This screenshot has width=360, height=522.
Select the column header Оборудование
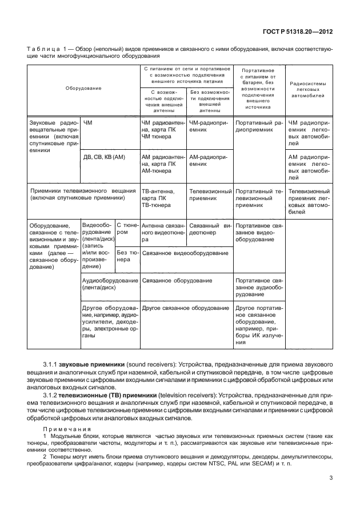click(83, 88)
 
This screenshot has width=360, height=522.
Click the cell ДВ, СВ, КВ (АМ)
click(104, 156)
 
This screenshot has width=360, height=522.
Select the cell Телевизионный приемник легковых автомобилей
click(308, 201)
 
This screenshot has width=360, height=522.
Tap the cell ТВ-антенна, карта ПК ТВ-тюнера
click(162, 198)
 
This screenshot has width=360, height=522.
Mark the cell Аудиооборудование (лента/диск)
click(110, 285)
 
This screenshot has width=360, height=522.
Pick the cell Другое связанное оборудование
click(177, 308)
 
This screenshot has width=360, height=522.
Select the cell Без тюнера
click(127, 255)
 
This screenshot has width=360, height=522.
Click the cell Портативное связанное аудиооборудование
click(259, 288)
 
